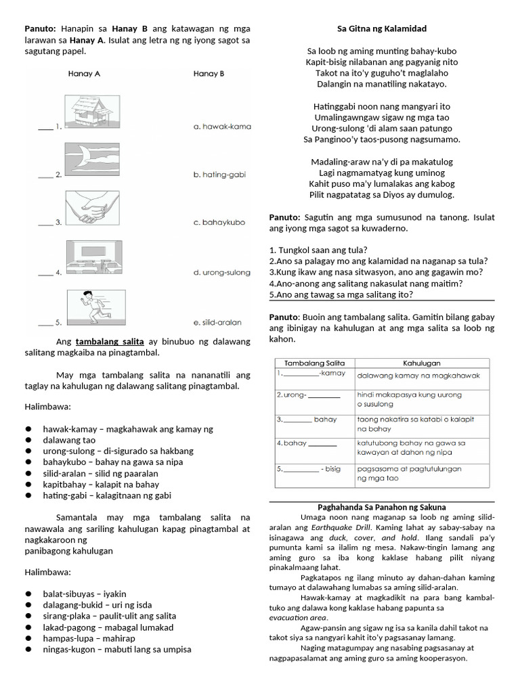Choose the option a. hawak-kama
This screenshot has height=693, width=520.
coord(221,127)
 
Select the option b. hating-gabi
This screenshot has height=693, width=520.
coord(219,175)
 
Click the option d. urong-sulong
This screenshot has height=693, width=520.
coord(222,273)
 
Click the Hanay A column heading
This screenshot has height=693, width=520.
coord(84,74)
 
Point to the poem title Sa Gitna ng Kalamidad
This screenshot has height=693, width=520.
coord(382,28)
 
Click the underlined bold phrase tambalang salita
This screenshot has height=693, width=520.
coord(110,341)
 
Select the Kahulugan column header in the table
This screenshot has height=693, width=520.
coord(422,363)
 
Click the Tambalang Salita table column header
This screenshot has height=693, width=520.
coord(314,363)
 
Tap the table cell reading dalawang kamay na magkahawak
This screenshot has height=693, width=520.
coord(418,375)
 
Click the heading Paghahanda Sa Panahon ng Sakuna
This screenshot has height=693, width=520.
coord(382,507)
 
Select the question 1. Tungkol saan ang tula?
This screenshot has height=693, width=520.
coord(318,250)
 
